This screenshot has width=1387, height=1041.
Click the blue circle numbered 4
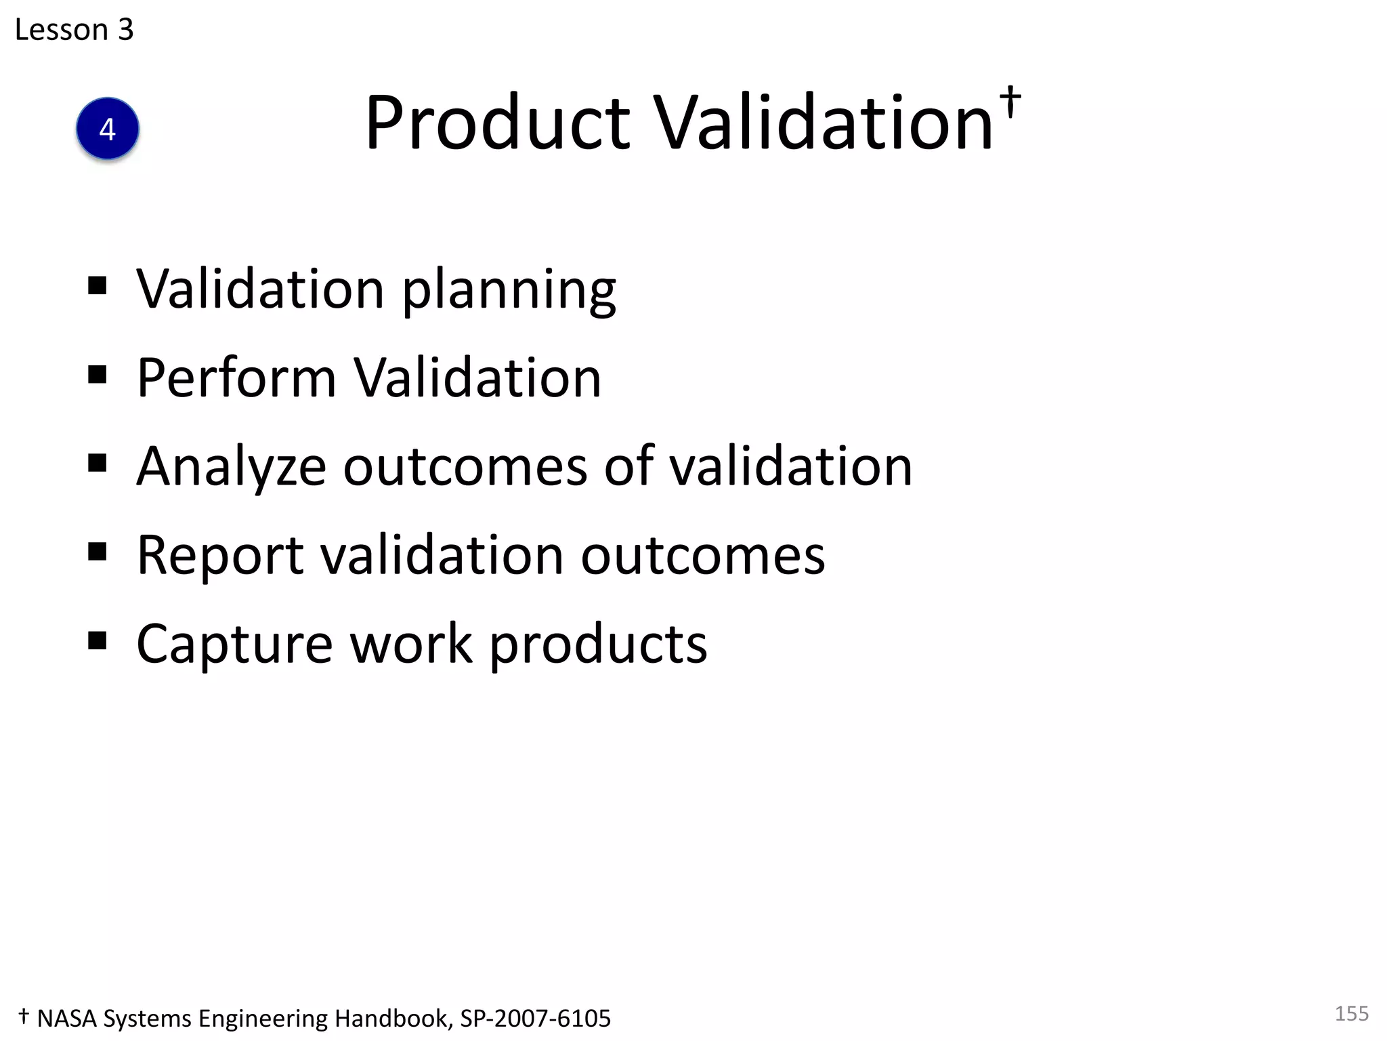(x=108, y=129)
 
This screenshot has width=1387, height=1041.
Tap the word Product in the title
(x=498, y=123)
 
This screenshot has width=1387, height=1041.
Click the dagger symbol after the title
(x=1010, y=102)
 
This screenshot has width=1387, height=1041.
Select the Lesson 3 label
(x=74, y=30)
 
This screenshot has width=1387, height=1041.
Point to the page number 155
(x=1351, y=1013)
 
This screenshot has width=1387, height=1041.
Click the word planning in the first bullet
(x=509, y=290)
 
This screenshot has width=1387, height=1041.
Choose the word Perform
(x=236, y=378)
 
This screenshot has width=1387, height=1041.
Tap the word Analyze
(x=231, y=468)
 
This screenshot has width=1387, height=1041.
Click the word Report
(x=220, y=556)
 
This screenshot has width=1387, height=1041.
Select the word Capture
(x=234, y=645)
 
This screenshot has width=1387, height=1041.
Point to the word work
(x=411, y=645)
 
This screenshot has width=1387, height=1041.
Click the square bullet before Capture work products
(x=98, y=640)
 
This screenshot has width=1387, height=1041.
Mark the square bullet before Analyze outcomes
(x=98, y=463)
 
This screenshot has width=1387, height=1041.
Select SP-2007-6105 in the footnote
(x=535, y=1019)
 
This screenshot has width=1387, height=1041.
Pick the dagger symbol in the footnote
(x=24, y=1016)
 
